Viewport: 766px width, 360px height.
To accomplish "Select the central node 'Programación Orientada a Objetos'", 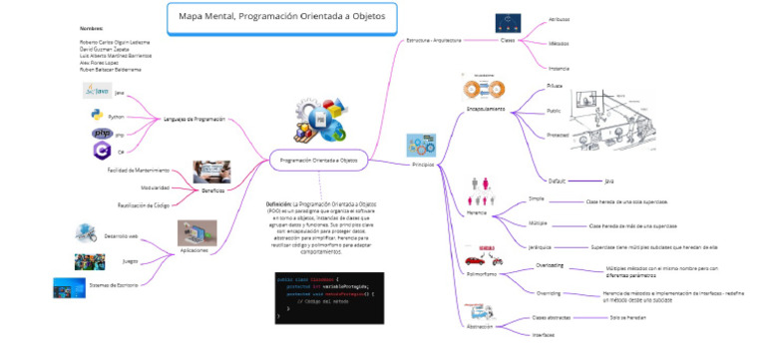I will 319,160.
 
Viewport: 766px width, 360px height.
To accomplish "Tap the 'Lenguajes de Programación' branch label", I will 194,120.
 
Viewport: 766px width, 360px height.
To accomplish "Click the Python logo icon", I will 98,115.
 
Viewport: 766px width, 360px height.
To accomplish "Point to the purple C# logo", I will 100,150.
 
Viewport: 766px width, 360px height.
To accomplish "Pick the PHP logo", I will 101,133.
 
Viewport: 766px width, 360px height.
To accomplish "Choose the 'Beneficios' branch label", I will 212,189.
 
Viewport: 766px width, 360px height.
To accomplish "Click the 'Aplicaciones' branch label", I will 193,250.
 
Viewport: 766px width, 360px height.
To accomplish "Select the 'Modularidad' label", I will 154,187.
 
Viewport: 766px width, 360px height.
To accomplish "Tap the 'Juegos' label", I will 130,261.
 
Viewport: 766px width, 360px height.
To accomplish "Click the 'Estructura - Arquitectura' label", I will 434,40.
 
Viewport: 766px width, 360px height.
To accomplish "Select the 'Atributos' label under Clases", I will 560,19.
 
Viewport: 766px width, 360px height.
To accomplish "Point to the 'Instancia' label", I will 560,68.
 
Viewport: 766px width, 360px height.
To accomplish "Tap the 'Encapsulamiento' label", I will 486,108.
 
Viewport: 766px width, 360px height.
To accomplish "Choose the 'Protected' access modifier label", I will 559,135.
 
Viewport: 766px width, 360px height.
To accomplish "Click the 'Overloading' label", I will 550,265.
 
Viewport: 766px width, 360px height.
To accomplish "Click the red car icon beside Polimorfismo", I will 486,253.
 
